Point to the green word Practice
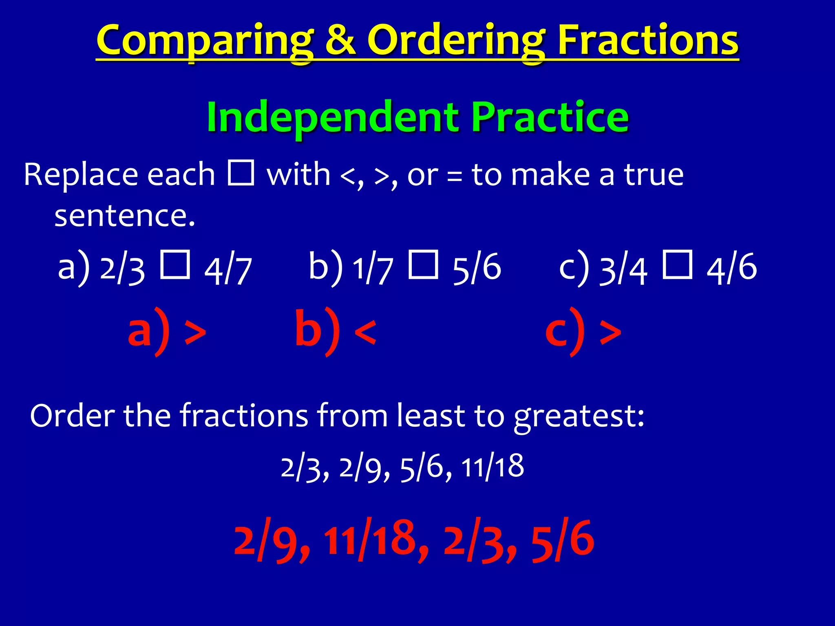pos(550,117)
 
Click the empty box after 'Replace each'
pos(241,173)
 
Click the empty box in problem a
pos(175,265)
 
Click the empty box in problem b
pos(423,265)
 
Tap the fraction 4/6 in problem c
pos(731,268)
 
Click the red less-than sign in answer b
pos(365,332)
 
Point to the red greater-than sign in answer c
pos(610,332)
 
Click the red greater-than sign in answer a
pos(195,332)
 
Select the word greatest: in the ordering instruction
pos(579,417)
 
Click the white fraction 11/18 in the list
pos(493,467)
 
